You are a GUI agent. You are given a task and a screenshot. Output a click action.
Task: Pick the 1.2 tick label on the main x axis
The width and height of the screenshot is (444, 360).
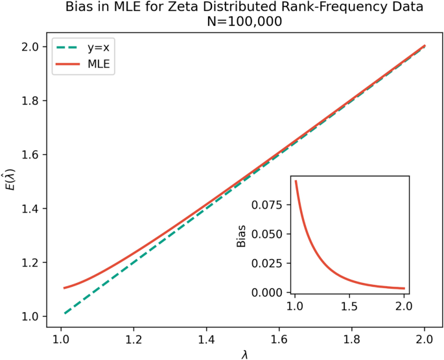[x=134, y=337]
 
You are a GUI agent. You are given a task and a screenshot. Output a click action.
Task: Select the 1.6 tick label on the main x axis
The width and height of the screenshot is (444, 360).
[x=279, y=337]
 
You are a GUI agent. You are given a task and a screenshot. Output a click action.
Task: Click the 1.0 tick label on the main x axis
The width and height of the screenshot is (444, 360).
[x=61, y=337]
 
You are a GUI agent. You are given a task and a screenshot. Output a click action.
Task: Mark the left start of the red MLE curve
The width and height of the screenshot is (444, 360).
[x=64, y=288]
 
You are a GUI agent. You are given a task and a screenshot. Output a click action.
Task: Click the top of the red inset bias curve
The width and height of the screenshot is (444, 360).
[x=296, y=181]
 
